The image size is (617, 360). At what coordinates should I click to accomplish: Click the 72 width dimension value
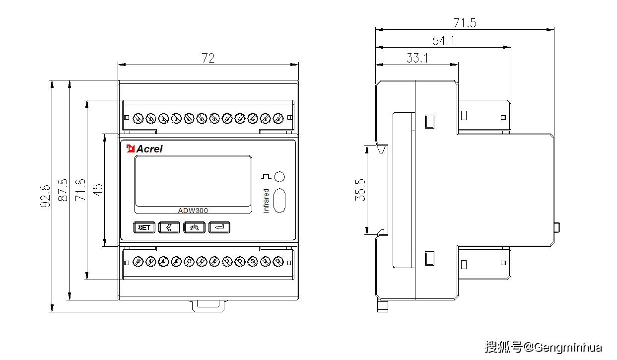click(x=208, y=58)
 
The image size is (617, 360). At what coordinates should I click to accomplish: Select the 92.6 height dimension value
click(x=45, y=196)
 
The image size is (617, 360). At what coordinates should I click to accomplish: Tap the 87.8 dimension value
click(x=63, y=190)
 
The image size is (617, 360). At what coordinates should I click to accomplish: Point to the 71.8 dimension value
click(x=80, y=190)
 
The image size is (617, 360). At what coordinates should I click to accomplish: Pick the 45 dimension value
click(x=98, y=190)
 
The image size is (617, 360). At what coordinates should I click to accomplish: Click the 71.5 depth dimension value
click(x=465, y=23)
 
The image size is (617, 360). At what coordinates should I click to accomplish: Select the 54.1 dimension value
click(x=443, y=41)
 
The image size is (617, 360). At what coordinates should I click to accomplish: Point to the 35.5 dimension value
click(x=360, y=190)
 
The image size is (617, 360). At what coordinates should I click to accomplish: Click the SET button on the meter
click(x=144, y=227)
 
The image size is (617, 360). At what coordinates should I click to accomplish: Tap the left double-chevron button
click(x=169, y=227)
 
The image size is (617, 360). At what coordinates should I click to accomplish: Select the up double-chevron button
click(x=194, y=227)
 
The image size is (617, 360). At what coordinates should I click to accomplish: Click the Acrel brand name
click(x=149, y=148)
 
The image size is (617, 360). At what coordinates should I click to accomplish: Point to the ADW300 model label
click(x=193, y=211)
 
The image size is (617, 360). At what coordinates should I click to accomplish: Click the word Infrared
click(x=266, y=201)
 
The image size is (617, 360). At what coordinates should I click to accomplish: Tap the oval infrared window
click(x=280, y=200)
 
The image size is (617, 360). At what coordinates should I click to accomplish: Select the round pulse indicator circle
click(x=279, y=177)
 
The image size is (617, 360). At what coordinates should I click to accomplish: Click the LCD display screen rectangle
click(x=193, y=181)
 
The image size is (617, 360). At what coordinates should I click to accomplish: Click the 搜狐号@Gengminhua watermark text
click(x=543, y=347)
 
